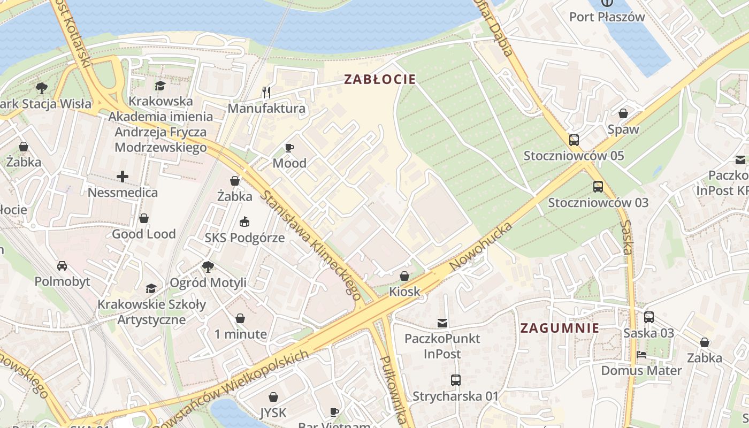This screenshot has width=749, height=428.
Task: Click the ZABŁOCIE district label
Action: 379,80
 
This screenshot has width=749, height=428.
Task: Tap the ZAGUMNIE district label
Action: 560,328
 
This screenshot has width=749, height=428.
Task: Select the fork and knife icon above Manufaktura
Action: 266,93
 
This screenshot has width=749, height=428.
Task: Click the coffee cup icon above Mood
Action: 289,148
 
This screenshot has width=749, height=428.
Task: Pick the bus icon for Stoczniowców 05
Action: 574,140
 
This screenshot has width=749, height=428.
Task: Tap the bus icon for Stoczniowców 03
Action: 598,187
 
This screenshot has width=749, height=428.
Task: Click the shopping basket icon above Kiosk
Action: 404,276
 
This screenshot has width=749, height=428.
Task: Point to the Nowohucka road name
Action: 480,246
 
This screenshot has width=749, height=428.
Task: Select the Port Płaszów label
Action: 607,17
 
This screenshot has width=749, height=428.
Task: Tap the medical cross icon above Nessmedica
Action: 123,176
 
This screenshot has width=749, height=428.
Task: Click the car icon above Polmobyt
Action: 62,265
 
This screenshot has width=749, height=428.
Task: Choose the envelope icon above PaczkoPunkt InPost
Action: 442,323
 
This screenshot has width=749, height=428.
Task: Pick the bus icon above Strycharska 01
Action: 455,380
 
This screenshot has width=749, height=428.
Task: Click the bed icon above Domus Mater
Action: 641,355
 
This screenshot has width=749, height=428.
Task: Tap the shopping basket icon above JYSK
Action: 273,397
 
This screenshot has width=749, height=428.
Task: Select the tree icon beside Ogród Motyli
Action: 208,266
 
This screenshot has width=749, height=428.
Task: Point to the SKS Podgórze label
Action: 244,238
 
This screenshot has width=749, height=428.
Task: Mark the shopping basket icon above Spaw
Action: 623,113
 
